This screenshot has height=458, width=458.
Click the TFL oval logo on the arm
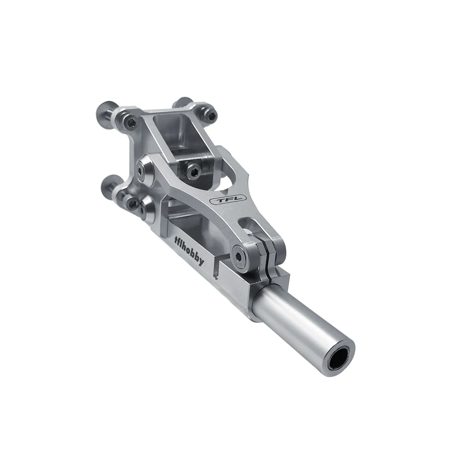[x=228, y=200]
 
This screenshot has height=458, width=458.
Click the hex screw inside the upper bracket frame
[x=193, y=171]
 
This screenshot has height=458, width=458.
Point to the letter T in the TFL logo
[x=220, y=200]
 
